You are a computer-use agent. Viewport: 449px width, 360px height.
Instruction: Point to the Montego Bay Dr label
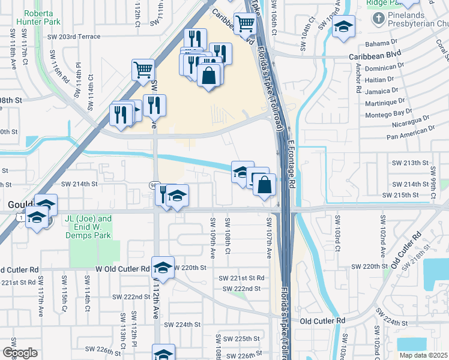pyautogui.click(x=392, y=113)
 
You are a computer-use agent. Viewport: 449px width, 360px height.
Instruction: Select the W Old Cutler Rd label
pyautogui.click(x=122, y=269)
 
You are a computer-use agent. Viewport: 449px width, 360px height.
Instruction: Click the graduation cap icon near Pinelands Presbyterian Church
pyautogui.click(x=344, y=27)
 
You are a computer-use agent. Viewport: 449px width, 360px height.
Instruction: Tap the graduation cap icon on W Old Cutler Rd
pyautogui.click(x=162, y=268)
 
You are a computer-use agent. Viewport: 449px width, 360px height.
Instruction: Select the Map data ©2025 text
pyautogui.click(x=423, y=355)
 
